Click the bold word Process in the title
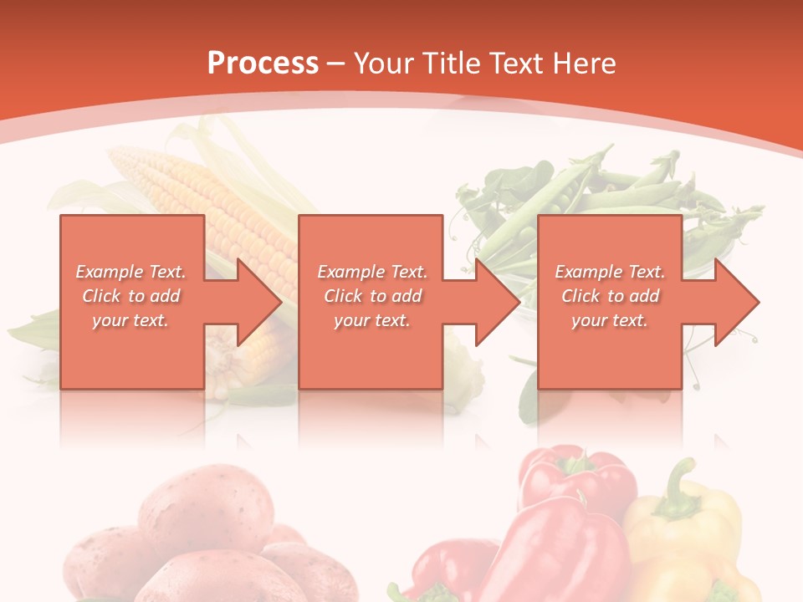tap(263, 64)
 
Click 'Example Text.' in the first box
tap(130, 272)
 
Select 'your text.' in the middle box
tap(371, 320)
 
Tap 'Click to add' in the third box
tap(610, 296)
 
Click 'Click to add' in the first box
tap(130, 296)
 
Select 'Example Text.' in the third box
tap(610, 272)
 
